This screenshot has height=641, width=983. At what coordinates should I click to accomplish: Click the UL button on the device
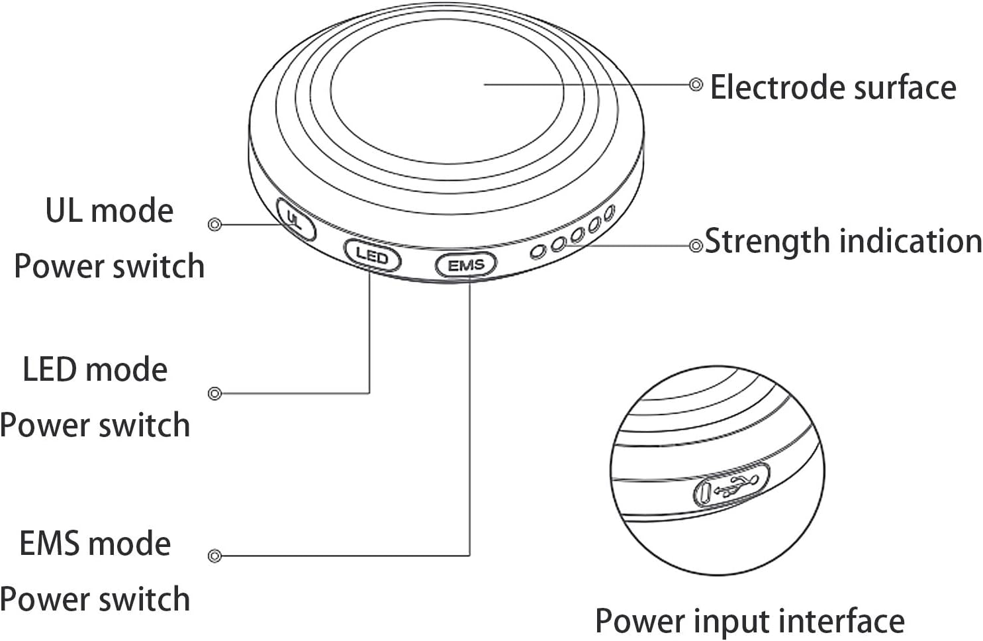296,219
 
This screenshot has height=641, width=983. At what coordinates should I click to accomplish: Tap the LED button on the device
373,256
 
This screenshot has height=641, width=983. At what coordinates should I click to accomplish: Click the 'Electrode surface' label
833,87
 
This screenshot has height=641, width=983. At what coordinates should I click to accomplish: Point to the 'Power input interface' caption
749,621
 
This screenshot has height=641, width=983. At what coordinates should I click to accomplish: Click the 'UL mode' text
109,211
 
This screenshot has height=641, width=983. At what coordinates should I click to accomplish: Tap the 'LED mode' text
95,370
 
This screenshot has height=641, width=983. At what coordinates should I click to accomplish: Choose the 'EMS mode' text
95,543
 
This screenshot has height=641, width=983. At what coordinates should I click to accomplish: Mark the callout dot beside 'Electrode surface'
696,84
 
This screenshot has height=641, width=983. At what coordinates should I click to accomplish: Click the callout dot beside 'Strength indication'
696,246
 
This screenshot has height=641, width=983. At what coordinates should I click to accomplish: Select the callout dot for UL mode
214,224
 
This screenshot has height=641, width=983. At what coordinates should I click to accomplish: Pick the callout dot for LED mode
214,393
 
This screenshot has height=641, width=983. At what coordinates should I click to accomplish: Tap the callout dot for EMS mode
214,556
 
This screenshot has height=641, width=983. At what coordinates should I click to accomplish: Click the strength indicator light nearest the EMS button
538,252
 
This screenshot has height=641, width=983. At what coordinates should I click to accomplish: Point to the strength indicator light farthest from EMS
610,213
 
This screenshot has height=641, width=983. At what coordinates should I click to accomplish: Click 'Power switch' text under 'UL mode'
109,266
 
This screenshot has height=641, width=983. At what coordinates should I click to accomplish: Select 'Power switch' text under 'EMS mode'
95,599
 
